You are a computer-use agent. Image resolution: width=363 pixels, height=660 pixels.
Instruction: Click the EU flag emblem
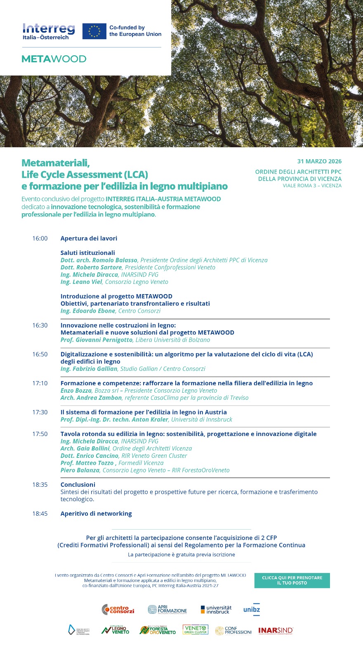click(x=94, y=31)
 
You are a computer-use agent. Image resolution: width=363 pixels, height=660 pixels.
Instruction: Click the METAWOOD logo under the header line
click(x=54, y=59)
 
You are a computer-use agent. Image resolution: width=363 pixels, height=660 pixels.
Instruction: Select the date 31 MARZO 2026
click(x=319, y=161)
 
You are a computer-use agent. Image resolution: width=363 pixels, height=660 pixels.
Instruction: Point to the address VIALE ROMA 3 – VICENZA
click(x=312, y=186)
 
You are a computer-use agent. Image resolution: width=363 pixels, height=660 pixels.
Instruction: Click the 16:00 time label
click(x=40, y=238)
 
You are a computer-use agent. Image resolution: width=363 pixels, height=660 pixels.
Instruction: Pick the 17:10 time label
click(x=40, y=383)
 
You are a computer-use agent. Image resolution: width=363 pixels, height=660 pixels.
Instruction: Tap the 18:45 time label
click(x=40, y=514)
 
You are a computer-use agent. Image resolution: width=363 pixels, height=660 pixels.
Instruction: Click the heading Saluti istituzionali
click(x=88, y=253)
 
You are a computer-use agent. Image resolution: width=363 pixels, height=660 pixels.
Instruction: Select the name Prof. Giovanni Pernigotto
click(x=97, y=340)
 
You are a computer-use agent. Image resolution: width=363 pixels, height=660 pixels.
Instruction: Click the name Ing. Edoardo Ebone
click(x=88, y=311)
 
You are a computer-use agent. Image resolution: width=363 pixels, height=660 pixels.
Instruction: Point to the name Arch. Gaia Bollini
click(x=85, y=448)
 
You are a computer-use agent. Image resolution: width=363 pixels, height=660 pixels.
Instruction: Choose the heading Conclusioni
click(x=78, y=485)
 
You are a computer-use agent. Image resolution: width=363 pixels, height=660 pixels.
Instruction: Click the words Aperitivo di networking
click(x=96, y=514)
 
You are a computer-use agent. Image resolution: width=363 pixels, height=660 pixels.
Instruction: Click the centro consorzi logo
click(x=118, y=609)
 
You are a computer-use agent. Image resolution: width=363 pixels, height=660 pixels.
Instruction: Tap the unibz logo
click(x=252, y=609)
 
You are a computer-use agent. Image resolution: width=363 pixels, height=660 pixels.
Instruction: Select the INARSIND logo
click(x=276, y=630)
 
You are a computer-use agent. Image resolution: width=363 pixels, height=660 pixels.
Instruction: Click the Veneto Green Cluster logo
click(x=196, y=630)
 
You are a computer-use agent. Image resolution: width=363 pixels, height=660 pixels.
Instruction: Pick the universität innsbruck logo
click(x=216, y=610)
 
